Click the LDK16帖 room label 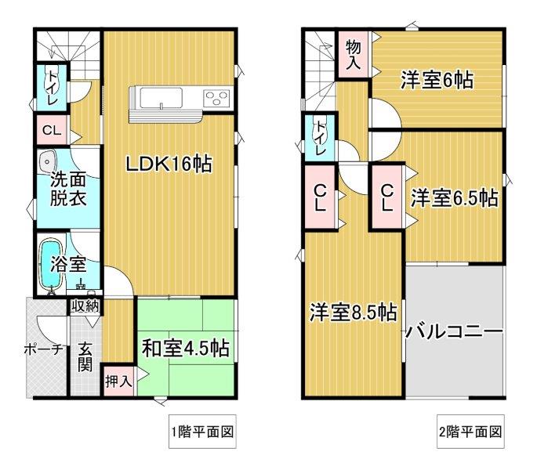point(169,163)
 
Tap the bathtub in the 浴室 point(51,264)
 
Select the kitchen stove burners point(216,97)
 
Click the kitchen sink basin point(161,98)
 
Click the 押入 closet point(118,381)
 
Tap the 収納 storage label point(85,305)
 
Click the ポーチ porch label point(44,349)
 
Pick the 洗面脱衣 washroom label point(68,190)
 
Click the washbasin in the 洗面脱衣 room point(46,161)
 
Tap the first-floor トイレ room point(52,88)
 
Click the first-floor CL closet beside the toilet point(52,130)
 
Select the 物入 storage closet point(353,54)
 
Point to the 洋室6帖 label point(437,80)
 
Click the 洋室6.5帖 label point(455,198)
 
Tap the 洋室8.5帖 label point(354,312)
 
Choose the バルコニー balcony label point(454,331)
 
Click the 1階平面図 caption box point(202,432)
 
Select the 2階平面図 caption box point(470,432)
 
